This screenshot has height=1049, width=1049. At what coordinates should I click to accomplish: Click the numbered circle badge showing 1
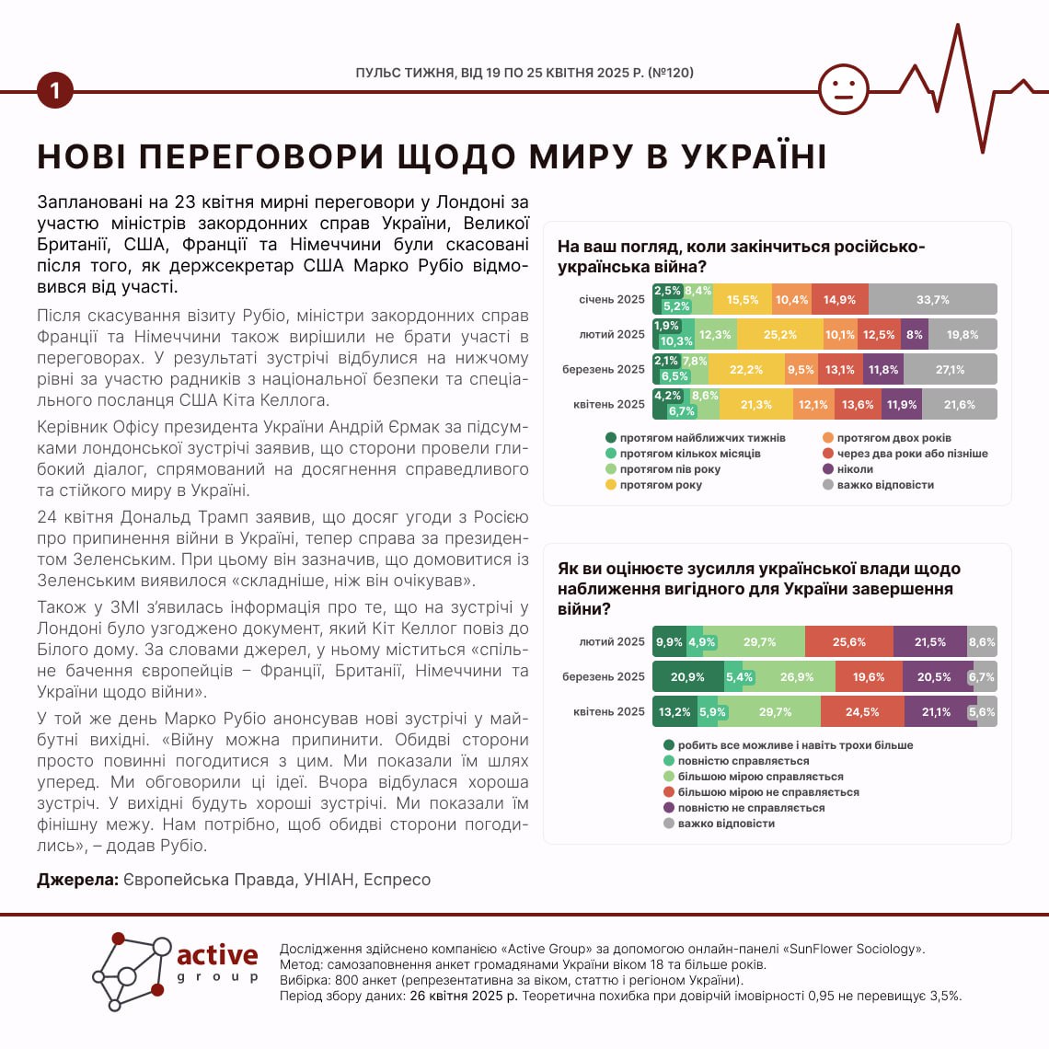pos(55,91)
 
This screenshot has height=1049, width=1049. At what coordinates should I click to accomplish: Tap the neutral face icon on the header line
pos(843,89)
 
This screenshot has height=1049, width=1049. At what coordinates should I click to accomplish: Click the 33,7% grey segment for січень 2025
pos(932,300)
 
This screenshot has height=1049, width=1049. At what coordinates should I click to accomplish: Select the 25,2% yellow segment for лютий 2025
pos(780,335)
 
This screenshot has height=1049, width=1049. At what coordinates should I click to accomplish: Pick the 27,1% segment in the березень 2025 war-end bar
pos(950,370)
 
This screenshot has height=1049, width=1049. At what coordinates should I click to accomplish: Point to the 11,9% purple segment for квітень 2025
pos(902,405)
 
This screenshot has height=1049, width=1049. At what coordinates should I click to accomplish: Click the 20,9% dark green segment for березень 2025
pos(687,677)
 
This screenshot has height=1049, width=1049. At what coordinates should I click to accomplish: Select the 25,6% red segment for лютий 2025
pos(848,642)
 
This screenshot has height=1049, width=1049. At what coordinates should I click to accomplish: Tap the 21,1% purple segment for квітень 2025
pos(936,712)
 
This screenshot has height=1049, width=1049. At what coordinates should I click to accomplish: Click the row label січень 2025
pos(612,300)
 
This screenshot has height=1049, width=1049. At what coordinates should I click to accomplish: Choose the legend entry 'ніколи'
pos(855,469)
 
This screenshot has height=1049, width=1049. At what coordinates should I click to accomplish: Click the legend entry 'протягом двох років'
pos(893,438)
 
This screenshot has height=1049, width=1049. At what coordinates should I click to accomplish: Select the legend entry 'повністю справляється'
pos(744,761)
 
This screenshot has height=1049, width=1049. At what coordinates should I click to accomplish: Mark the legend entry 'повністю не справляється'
pos(751,808)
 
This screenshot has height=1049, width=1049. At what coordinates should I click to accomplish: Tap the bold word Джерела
pos(77,880)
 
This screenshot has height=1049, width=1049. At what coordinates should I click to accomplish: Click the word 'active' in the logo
pos(217,955)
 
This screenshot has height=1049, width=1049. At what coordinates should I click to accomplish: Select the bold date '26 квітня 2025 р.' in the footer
pos(464,996)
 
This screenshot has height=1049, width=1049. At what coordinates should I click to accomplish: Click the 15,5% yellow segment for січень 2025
pos(743,300)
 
